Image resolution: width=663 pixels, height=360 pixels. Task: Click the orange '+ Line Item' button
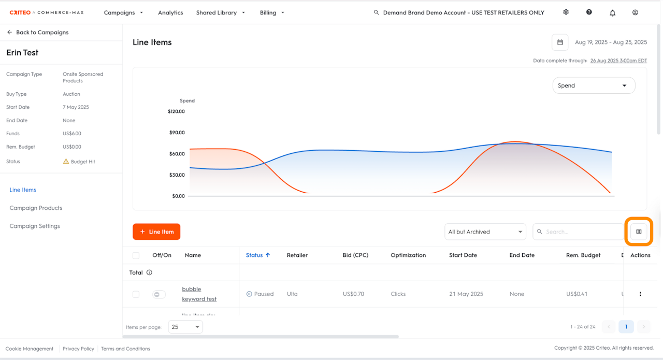tap(156, 232)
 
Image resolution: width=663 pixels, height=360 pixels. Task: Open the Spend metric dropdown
tap(594, 85)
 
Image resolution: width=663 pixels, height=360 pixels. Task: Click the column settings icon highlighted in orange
tap(639, 232)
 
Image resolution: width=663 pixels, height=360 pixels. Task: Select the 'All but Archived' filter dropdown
tap(485, 232)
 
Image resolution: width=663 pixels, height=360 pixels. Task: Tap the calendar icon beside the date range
tap(560, 42)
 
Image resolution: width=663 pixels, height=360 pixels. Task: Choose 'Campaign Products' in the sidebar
tap(36, 208)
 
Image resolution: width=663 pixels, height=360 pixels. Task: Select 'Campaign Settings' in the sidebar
tap(35, 226)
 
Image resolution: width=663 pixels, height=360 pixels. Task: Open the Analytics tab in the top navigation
tap(170, 12)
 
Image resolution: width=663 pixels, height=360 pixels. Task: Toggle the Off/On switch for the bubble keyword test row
tap(159, 294)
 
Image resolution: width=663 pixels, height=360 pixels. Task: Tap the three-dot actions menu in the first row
tap(640, 294)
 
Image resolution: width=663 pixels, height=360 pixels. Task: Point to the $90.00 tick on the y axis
tap(177, 133)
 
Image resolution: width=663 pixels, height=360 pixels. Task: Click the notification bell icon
tap(612, 13)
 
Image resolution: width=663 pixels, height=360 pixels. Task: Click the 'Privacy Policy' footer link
tap(78, 349)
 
